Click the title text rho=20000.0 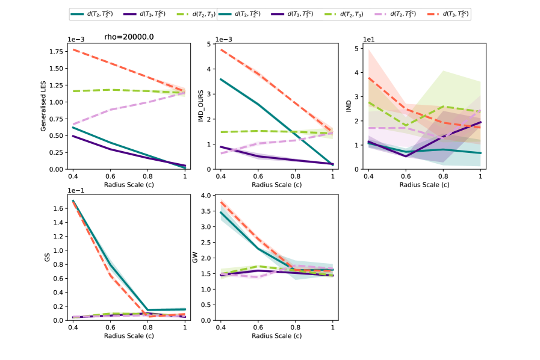pos(129,37)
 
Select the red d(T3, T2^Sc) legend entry pos(444,14)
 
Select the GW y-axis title pos(194,258)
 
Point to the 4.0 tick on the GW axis pos(207,196)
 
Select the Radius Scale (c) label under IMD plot pos(424,185)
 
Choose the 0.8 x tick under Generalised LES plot pos(147,176)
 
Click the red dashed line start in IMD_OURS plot pos(220,49)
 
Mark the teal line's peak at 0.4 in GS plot pos(73,201)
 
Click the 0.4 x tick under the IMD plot pos(368,176)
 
